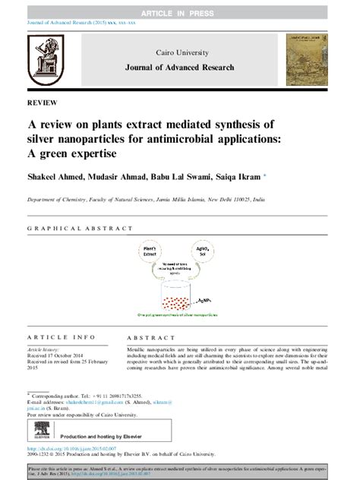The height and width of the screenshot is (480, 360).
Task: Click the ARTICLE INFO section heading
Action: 61,337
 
